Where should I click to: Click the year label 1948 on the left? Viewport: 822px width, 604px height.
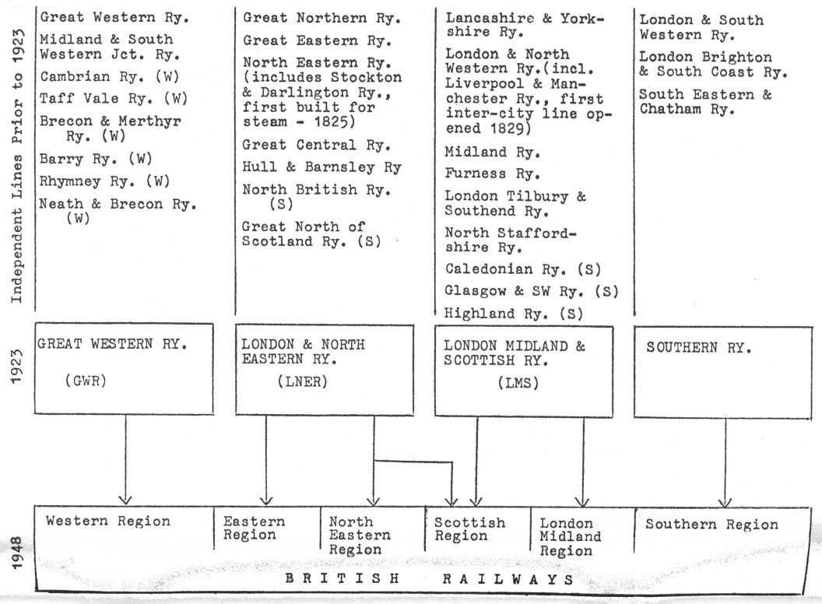17,550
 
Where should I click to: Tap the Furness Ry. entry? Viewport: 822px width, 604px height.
486,173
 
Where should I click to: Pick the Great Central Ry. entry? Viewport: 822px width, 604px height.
316,145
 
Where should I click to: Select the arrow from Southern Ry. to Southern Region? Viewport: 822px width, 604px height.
725,459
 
